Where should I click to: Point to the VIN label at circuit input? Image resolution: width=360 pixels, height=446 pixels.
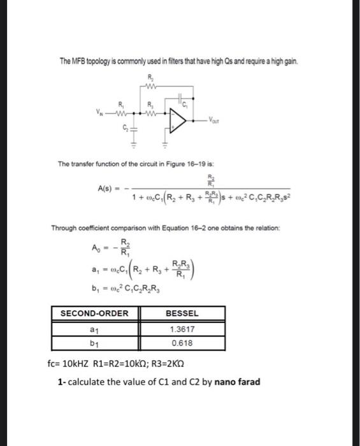point(97,116)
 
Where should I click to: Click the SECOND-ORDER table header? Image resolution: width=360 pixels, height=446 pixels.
point(94,313)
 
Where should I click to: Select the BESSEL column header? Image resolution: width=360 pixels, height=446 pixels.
point(182,313)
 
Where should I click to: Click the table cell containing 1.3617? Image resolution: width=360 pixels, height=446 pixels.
point(182,329)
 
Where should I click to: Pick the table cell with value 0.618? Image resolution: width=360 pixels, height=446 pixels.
point(182,343)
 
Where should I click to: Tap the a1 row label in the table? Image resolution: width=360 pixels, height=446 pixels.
point(94,329)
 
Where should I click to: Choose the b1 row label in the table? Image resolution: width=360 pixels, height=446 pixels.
point(94,343)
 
